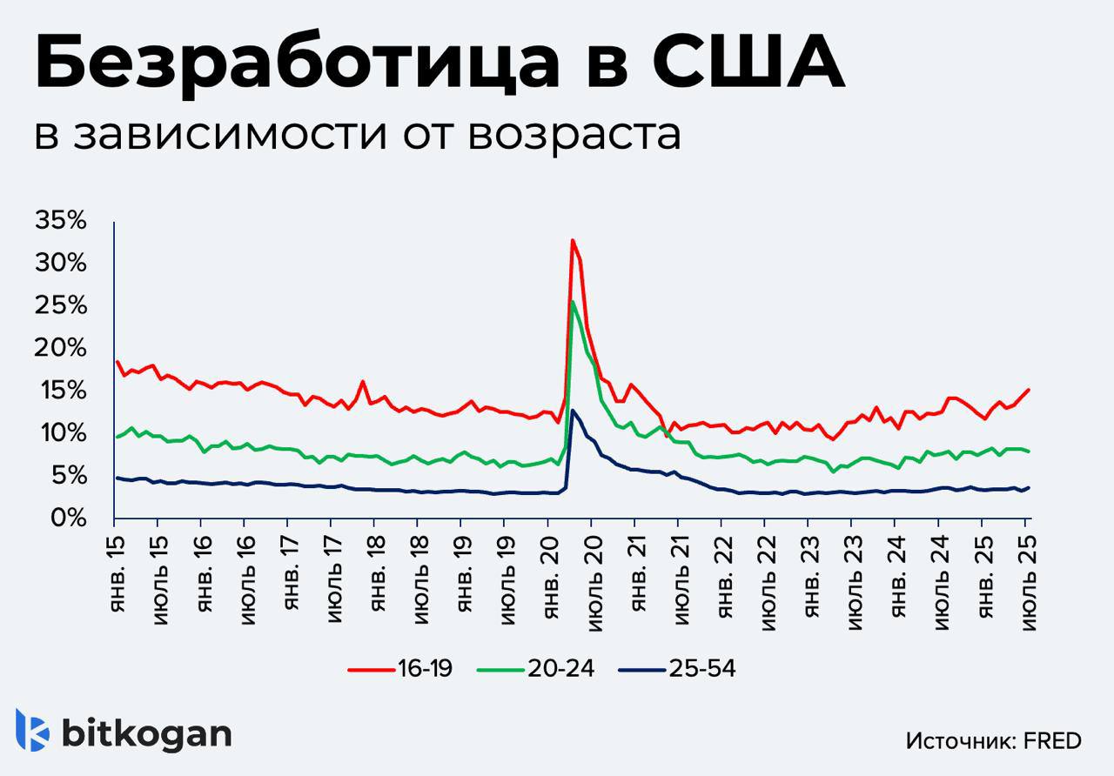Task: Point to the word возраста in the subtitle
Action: (x=574, y=135)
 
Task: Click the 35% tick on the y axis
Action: (x=61, y=221)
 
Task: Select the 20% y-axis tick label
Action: (x=61, y=348)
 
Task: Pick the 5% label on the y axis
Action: (x=67, y=476)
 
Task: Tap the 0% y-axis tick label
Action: (x=67, y=518)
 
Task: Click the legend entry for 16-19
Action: (x=400, y=669)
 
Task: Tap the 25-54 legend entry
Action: (x=677, y=669)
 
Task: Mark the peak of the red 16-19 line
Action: (x=572, y=240)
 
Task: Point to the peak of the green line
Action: (x=572, y=302)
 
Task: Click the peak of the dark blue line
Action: (x=573, y=410)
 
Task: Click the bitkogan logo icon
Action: (x=32, y=730)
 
